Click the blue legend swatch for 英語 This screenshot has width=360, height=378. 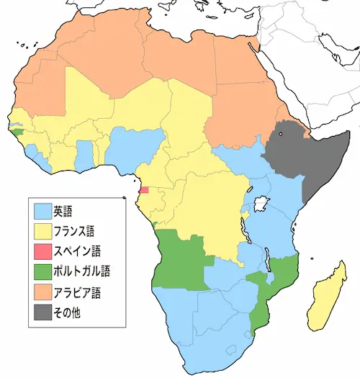[43, 212]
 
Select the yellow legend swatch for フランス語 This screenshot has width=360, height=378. [43, 232]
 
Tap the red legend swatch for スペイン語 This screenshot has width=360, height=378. [43, 252]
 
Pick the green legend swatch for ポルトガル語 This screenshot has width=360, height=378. [43, 272]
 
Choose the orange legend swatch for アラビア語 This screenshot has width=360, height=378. [43, 292]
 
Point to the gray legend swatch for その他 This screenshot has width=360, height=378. [43, 312]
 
